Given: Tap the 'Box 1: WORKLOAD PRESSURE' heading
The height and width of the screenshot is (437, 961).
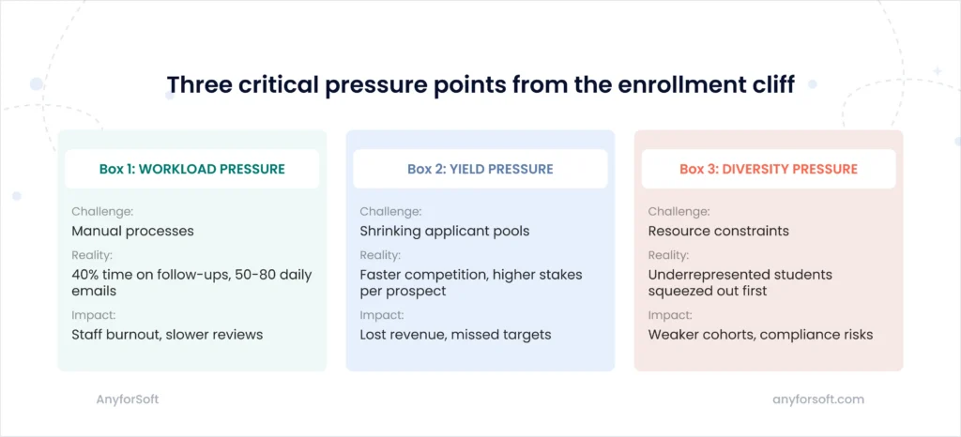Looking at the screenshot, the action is (x=191, y=169).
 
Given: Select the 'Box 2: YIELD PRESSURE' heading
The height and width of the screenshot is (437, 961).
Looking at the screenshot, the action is (x=480, y=169).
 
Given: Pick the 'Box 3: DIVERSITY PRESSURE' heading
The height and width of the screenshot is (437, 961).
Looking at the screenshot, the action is (x=768, y=169).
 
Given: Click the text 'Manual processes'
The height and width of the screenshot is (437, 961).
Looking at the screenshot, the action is (x=132, y=232).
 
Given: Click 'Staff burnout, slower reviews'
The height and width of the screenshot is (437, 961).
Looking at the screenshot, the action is (x=167, y=335).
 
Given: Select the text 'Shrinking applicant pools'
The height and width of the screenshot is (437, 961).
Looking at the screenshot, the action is (x=444, y=232).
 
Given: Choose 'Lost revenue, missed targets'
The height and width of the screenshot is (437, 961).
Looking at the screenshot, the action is (x=455, y=335).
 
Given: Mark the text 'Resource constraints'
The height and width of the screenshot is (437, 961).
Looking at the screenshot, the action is (x=718, y=232).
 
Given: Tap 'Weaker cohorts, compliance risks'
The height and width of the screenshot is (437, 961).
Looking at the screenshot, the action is (x=760, y=335).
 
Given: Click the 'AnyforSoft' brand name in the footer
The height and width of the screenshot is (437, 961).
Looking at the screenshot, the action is (x=128, y=399).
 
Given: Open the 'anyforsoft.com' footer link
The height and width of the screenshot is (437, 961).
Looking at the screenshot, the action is (x=818, y=399).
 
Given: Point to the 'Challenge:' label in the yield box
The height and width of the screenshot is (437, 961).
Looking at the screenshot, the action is (x=390, y=212).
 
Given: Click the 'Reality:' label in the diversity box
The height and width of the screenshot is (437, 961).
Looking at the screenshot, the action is (x=668, y=255).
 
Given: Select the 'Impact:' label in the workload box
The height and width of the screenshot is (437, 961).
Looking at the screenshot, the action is (x=93, y=316).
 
